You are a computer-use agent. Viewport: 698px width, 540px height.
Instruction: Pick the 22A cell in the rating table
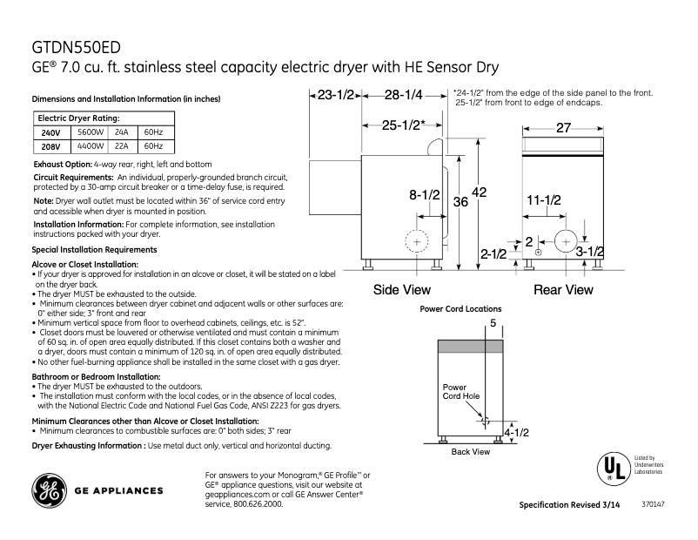pos(122,146)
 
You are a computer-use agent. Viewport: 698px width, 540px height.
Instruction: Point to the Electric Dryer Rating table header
pos(78,118)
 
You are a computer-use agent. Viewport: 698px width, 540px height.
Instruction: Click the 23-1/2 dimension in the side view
pos(335,95)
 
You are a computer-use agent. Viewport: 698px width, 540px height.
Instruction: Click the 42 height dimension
pos(479,192)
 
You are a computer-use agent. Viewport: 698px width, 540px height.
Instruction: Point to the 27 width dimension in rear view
pos(563,128)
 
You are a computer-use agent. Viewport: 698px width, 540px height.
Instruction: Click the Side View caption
pos(401,290)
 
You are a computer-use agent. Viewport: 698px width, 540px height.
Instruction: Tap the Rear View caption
pos(563,290)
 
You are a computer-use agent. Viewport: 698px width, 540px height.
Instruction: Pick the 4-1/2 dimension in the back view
pos(517,432)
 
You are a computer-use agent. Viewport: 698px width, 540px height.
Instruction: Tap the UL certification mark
pos(611,469)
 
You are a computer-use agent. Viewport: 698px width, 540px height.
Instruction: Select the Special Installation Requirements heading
pos(94,250)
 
